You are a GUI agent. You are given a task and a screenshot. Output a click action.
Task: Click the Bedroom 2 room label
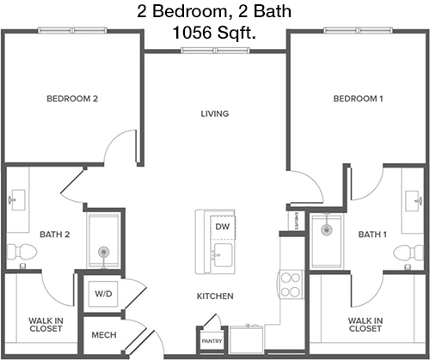pos(72,99)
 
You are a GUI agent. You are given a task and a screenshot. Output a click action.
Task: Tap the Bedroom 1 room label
pos(358,99)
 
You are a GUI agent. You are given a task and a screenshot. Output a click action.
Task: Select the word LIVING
pos(215,113)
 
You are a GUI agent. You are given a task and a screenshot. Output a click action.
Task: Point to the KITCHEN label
pos(215,296)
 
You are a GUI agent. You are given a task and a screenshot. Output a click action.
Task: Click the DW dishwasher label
pos(223,227)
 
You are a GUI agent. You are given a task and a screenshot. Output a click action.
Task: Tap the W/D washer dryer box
pos(103,294)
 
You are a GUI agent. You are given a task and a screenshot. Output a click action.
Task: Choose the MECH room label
pos(104,335)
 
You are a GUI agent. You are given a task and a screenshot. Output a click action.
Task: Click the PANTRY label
pos(212,341)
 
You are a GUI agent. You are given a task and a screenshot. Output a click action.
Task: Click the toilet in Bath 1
pos(408,253)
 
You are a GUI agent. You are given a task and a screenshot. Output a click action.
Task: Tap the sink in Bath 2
pos(18,200)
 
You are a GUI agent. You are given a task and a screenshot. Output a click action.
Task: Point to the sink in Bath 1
pos(414,201)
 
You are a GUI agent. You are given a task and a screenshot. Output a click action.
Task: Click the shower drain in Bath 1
pos(326,229)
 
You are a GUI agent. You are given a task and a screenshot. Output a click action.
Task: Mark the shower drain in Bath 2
pos(103,253)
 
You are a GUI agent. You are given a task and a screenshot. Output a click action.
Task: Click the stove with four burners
pos(291,284)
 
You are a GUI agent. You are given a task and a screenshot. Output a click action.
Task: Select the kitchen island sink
pos(223,255)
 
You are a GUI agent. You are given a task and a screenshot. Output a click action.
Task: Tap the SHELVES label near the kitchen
pos(297,221)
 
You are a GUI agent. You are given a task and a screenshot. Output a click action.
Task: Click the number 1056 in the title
pos(192,33)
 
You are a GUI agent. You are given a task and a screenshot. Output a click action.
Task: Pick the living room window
pos(215,51)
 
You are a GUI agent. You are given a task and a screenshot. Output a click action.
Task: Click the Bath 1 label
pos(372,235)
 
